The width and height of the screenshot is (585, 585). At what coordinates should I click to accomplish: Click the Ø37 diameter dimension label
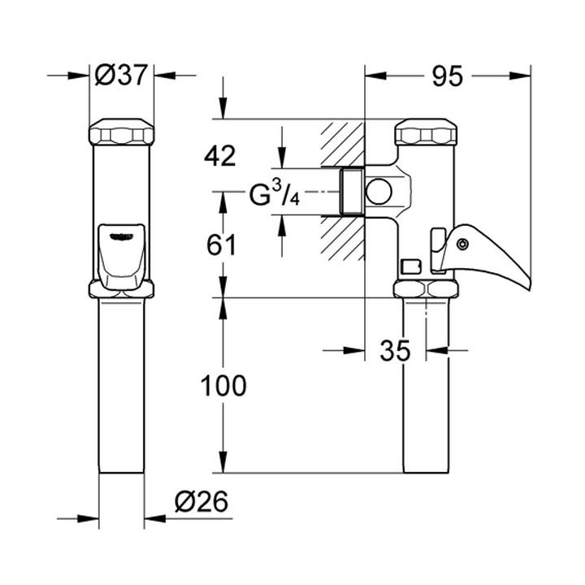click(x=121, y=75)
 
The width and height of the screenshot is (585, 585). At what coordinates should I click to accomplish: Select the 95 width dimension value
click(x=448, y=76)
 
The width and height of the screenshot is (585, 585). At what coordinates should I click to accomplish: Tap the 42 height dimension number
click(x=220, y=156)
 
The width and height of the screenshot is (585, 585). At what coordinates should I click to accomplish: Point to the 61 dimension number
click(x=222, y=245)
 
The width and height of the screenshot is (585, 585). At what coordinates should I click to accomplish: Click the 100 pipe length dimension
click(x=223, y=385)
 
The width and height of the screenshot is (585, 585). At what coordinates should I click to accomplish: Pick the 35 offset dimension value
click(x=395, y=351)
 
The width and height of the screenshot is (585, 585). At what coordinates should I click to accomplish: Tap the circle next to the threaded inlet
click(x=379, y=192)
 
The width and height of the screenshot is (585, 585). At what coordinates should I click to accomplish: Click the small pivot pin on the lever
click(x=462, y=244)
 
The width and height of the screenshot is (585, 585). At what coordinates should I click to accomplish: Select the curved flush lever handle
click(x=485, y=255)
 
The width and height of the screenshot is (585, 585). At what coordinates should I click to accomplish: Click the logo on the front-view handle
click(x=121, y=236)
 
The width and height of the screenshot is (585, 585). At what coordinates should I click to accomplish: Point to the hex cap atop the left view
click(x=121, y=132)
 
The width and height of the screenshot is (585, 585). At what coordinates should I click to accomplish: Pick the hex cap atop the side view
click(x=426, y=132)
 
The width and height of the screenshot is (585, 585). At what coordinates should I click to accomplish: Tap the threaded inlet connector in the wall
click(x=352, y=192)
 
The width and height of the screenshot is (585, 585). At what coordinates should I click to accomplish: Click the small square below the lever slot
click(x=411, y=267)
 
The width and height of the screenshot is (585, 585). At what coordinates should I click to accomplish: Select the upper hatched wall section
click(x=342, y=143)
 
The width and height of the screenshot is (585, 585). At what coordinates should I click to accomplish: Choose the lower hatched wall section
click(x=342, y=239)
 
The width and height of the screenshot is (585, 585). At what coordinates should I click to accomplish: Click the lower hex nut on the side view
click(x=426, y=288)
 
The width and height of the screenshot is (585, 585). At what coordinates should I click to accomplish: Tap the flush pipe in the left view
click(x=121, y=386)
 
